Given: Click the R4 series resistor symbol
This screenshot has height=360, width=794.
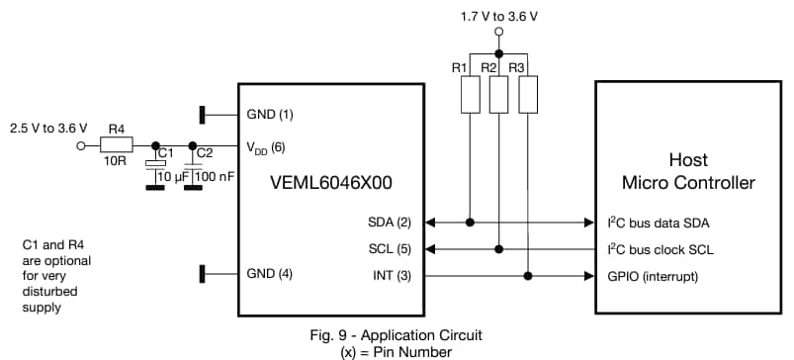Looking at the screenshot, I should pyautogui.click(x=117, y=145).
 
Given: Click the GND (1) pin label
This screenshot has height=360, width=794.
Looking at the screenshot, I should pyautogui.click(x=271, y=114).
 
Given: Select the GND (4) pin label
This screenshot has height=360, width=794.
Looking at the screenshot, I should pyautogui.click(x=271, y=273).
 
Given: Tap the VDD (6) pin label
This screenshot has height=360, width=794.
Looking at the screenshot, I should pyautogui.click(x=266, y=146).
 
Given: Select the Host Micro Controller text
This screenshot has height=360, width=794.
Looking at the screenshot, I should pyautogui.click(x=688, y=170).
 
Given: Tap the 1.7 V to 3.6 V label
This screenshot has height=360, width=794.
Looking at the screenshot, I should pyautogui.click(x=499, y=17).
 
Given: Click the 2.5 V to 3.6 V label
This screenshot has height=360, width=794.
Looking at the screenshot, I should pyautogui.click(x=47, y=128).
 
